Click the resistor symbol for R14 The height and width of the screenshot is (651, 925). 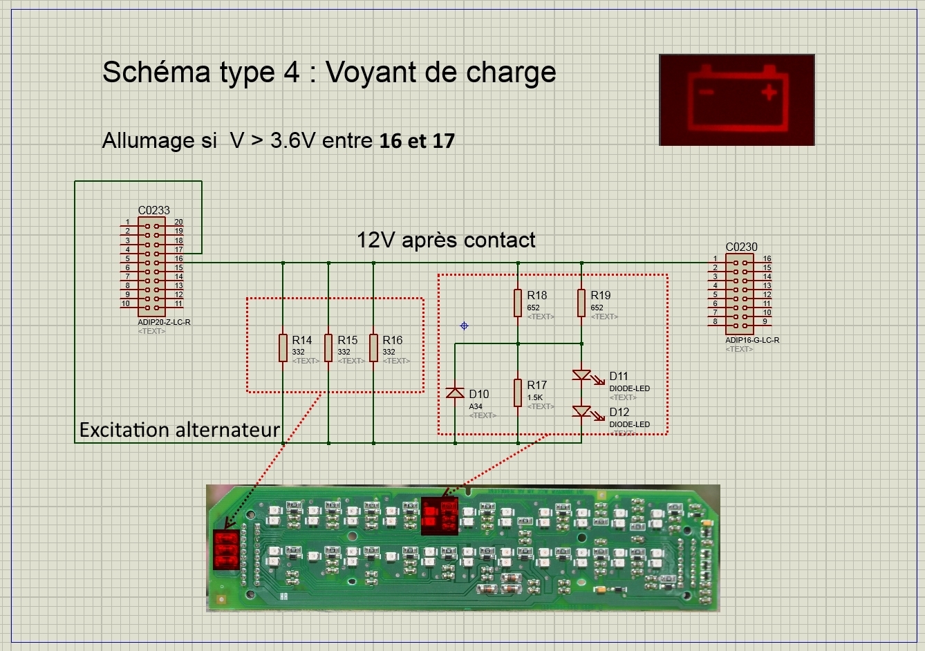click(x=283, y=348)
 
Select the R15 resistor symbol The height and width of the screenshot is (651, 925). click(x=328, y=348)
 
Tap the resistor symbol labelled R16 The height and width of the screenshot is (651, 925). click(x=374, y=348)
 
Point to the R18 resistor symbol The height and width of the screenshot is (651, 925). click(x=518, y=303)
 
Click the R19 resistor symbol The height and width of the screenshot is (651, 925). click(x=581, y=303)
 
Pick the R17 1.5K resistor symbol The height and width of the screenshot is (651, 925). click(x=518, y=393)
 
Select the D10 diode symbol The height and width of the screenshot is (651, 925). click(x=455, y=393)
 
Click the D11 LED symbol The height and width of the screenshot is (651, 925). click(x=582, y=375)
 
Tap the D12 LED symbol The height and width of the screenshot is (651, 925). click(x=582, y=412)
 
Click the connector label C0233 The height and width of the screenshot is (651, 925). click(x=153, y=210)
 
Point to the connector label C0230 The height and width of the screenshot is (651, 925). click(x=741, y=247)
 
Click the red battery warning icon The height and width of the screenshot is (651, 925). click(x=737, y=100)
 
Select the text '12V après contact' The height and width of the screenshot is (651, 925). click(x=446, y=240)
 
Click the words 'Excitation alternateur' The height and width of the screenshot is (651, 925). click(x=180, y=430)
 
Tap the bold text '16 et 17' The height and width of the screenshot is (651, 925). click(x=417, y=141)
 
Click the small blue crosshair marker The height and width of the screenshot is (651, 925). click(x=464, y=325)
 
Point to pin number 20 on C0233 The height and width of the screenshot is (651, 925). click(x=178, y=223)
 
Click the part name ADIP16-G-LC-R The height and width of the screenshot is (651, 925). click(x=752, y=340)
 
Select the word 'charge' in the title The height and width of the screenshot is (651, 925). click(x=511, y=73)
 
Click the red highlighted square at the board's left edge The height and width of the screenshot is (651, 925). click(x=226, y=550)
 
